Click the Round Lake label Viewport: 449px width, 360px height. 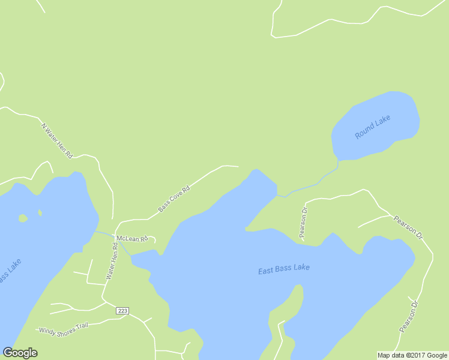click(x=372, y=127)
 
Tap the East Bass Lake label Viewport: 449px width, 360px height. click(x=284, y=269)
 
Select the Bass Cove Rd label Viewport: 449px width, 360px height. click(x=174, y=199)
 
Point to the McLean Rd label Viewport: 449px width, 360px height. click(x=132, y=238)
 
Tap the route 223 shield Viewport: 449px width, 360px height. click(x=122, y=310)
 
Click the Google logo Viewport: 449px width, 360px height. click(x=20, y=353)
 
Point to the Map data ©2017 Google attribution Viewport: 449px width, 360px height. click(x=412, y=355)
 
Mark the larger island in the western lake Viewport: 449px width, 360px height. click(x=23, y=218)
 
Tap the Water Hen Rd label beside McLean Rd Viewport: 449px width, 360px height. click(x=112, y=262)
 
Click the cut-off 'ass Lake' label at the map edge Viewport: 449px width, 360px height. click(x=10, y=271)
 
